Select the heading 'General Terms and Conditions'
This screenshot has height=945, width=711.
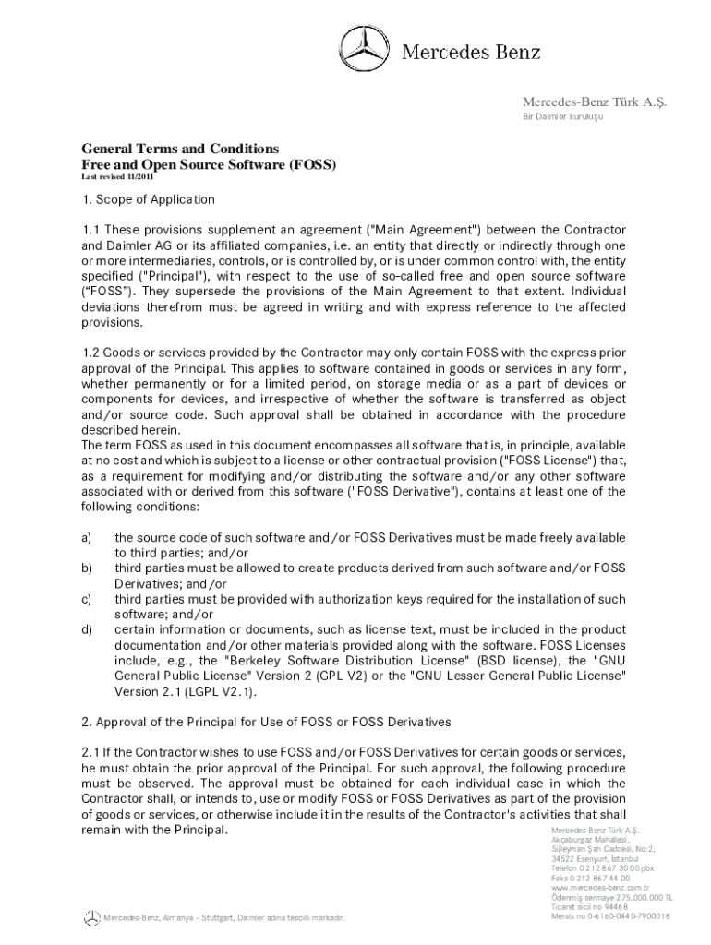tap(180, 149)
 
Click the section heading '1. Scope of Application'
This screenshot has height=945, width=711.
tap(148, 199)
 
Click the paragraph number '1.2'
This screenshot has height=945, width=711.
tap(90, 353)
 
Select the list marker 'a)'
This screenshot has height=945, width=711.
tap(87, 537)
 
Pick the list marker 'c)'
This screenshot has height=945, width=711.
tap(87, 599)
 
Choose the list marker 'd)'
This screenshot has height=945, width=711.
tap(87, 629)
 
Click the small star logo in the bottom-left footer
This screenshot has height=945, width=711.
tap(90, 916)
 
